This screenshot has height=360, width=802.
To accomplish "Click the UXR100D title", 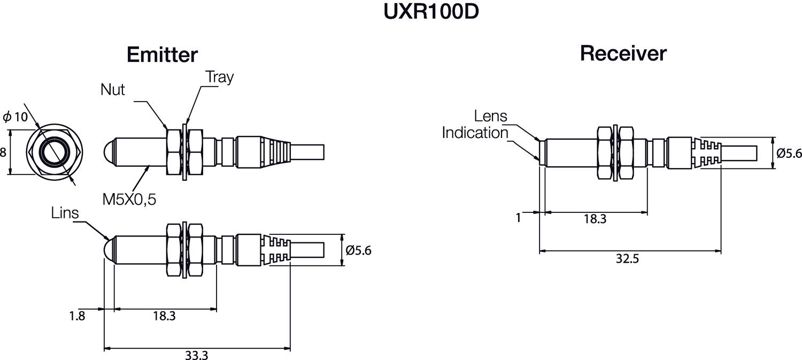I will click(430, 12).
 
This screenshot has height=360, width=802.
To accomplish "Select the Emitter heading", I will click(162, 55).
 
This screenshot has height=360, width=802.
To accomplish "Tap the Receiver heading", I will click(623, 53).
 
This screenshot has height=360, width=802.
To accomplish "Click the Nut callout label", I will click(112, 89).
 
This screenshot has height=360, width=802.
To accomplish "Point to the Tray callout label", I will click(220, 77).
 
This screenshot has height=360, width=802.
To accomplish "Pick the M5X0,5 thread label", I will click(129, 200).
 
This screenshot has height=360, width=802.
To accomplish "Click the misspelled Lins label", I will click(65, 213).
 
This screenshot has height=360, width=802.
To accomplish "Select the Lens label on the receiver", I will click(490, 116).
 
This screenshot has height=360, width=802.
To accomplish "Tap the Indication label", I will click(474, 133).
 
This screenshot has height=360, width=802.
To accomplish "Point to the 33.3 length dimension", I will click(196, 355).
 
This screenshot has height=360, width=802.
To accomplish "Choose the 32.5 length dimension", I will click(627, 259).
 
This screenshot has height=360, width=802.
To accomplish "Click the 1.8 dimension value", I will click(77, 316).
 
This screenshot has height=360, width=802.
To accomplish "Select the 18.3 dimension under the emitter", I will click(164, 316).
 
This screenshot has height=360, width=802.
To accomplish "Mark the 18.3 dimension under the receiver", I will click(595, 219).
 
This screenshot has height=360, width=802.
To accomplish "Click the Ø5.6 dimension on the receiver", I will click(789, 153).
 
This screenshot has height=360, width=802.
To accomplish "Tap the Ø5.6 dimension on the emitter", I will click(358, 250).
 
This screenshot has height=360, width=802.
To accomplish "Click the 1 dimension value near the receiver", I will click(518, 218).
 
